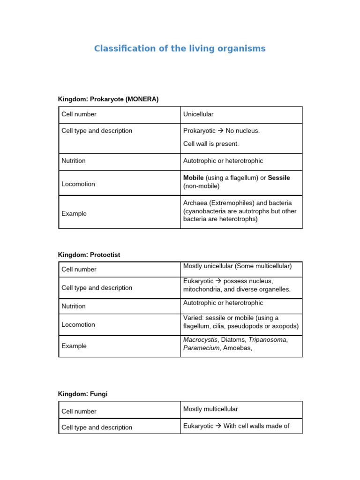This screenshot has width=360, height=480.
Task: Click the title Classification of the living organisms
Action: tap(180, 49)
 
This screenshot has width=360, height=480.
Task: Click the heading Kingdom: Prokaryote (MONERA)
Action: tap(108, 99)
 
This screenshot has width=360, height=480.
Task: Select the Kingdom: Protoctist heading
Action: tap(89, 255)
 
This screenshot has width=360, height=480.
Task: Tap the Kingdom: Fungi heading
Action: tap(82, 394)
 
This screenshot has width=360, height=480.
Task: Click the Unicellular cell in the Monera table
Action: tap(198, 114)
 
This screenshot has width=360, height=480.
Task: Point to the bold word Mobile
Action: tap(193, 178)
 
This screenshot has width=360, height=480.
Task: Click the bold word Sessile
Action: tap(279, 178)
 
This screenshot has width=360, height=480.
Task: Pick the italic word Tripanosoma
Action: tap(267, 340)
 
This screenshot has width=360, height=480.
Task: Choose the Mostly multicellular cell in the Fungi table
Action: tap(210, 409)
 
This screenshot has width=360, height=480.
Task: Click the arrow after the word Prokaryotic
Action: tap(221, 131)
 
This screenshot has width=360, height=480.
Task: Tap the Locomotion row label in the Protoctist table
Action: tap(78, 324)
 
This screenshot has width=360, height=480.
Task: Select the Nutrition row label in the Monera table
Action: tap(74, 161)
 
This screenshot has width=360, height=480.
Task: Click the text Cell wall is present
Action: tap(211, 144)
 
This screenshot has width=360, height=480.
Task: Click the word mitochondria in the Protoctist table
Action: tap(203, 289)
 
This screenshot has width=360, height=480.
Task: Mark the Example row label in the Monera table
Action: tap(74, 213)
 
